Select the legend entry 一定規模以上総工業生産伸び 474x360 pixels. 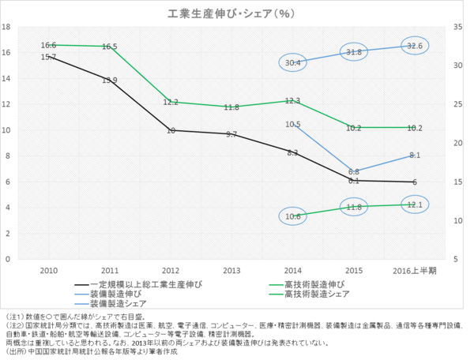click(x=143, y=284)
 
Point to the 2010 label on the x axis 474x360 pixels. click(x=49, y=270)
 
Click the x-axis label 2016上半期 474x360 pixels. click(x=415, y=270)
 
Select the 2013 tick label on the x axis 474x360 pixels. click(x=231, y=270)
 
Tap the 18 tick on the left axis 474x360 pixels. click(x=6, y=27)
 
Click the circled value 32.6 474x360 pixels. click(x=415, y=46)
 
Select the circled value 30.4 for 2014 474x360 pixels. click(x=292, y=62)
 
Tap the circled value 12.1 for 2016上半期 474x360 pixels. click(x=415, y=204)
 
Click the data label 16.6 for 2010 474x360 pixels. click(x=49, y=46)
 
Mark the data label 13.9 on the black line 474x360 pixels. click(x=110, y=80)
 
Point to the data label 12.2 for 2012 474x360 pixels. click(x=171, y=103)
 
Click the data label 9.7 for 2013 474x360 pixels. click(x=231, y=135)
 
